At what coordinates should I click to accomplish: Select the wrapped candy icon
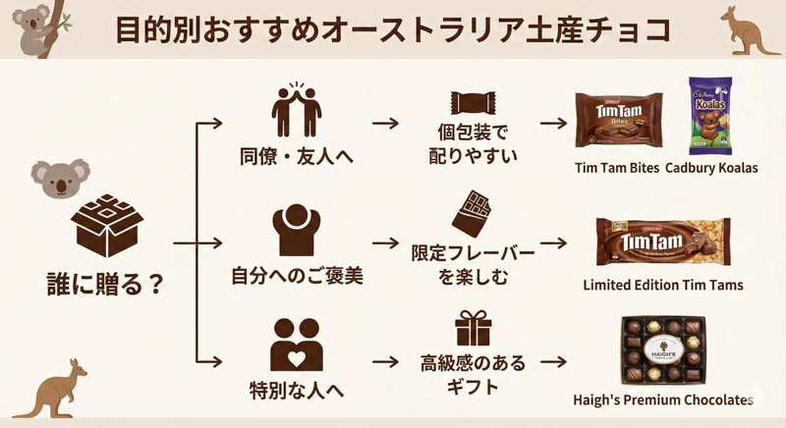click(x=472, y=104)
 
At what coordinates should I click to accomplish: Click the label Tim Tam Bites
click(x=617, y=167)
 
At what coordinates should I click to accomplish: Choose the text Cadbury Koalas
click(x=711, y=167)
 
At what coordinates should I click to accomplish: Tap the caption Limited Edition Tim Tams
click(x=663, y=286)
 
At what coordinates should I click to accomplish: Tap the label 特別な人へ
click(x=297, y=389)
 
